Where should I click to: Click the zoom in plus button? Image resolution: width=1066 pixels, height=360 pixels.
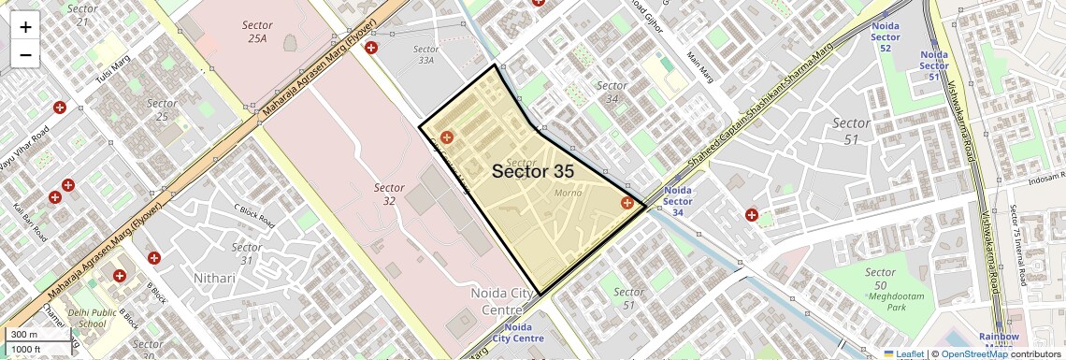(x=25, y=27)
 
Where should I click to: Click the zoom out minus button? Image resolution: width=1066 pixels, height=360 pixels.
(x=25, y=54)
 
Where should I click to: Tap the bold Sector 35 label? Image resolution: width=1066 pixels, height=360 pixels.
(x=533, y=171)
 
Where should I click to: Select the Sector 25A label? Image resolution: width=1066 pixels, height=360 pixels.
(x=257, y=32)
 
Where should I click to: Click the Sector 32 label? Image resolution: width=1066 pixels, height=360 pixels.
(x=389, y=194)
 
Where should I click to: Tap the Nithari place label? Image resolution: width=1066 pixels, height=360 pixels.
(x=215, y=279)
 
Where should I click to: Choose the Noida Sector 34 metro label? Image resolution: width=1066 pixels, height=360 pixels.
(x=678, y=201)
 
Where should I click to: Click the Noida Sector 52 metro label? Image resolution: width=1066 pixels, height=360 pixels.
(x=886, y=37)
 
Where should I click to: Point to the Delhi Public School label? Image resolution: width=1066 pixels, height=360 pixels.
(x=93, y=318)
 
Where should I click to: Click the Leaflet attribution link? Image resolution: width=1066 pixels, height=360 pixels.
(x=903, y=353)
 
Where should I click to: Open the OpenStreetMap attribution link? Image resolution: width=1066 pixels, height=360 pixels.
(x=973, y=353)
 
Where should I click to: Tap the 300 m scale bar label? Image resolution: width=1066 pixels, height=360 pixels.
(x=25, y=335)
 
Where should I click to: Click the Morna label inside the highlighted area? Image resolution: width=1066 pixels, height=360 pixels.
(x=568, y=194)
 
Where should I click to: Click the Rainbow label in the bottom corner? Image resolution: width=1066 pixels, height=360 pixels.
(x=999, y=337)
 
